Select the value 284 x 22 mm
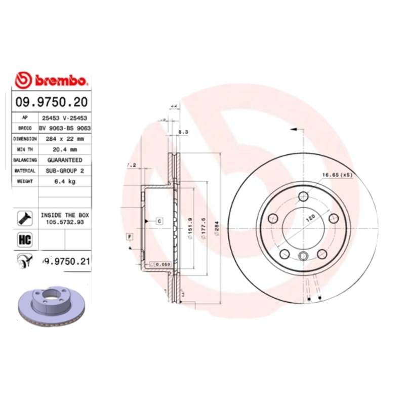pyautogui.click(x=65, y=138)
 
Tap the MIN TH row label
pyautogui.click(x=25, y=149)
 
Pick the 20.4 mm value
pyautogui.click(x=65, y=149)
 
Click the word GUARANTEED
pyautogui.click(x=65, y=160)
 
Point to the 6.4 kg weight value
pyautogui.click(x=65, y=182)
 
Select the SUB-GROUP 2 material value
pyautogui.click(x=65, y=171)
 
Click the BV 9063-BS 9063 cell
pyautogui.click(x=65, y=128)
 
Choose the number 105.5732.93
pyautogui.click(x=65, y=222)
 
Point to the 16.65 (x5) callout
pyautogui.click(x=337, y=175)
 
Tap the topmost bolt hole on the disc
pyautogui.click(x=304, y=197)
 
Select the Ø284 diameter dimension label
pyautogui.click(x=217, y=231)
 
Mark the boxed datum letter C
pyautogui.click(x=158, y=221)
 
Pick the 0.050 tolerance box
pyautogui.click(x=161, y=264)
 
